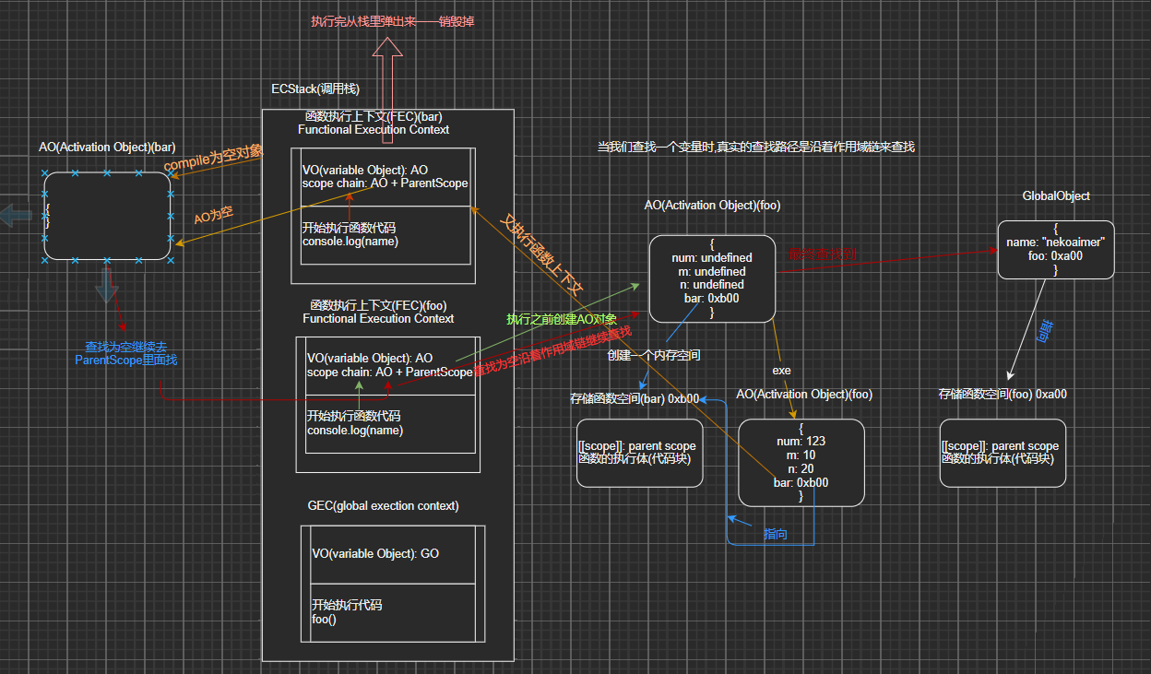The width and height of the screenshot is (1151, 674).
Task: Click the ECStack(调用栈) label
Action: tap(314, 89)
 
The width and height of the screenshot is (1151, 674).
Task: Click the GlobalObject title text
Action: tap(1056, 196)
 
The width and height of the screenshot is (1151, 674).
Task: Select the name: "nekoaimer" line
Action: tap(1055, 242)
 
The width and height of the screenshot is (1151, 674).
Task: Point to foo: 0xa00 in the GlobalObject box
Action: tap(1056, 256)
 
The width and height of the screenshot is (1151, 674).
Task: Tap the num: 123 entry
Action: tap(801, 442)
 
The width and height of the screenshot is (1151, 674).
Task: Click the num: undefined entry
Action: tap(711, 258)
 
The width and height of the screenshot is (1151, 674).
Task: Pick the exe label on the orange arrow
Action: tap(782, 370)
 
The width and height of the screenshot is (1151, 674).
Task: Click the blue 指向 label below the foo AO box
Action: tap(776, 535)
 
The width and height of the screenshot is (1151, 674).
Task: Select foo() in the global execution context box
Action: tap(324, 620)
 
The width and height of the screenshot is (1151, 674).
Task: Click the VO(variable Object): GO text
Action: tap(374, 554)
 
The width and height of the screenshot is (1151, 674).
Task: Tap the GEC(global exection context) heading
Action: tap(383, 506)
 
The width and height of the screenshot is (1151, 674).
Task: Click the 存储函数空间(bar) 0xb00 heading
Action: tap(635, 399)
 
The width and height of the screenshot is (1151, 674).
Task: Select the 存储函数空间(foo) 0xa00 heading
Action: tap(1003, 394)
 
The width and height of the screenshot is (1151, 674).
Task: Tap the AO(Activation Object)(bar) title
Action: tap(107, 148)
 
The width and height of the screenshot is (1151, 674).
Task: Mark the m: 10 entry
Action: tap(801, 455)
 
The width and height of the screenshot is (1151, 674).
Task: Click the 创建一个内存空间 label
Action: tap(653, 355)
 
